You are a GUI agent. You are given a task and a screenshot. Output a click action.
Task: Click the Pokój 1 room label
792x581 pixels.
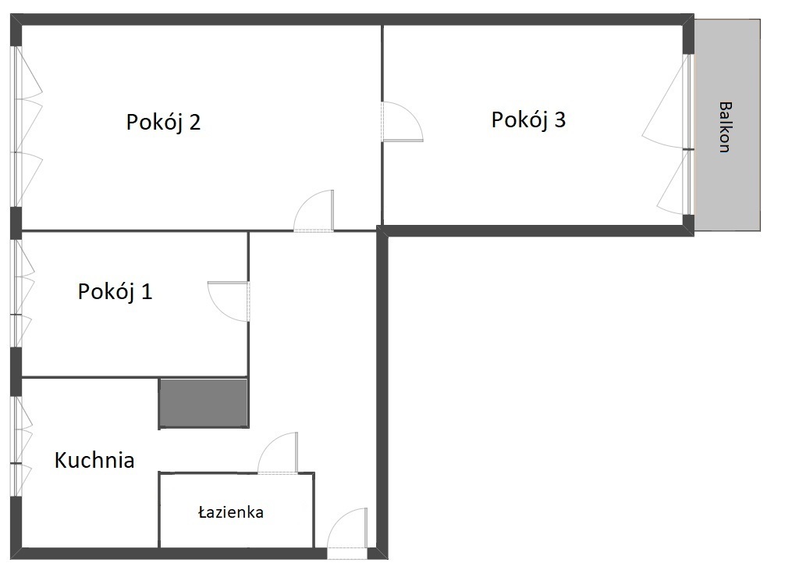pos(115,292)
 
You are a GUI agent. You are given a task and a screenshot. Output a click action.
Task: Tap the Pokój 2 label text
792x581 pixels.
pos(163,123)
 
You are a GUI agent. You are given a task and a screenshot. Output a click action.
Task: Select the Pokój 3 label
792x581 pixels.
pos(528,119)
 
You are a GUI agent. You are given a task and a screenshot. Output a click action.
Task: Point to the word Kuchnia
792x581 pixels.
pos(94,460)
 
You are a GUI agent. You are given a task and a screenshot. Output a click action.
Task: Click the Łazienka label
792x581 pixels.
pos(231,512)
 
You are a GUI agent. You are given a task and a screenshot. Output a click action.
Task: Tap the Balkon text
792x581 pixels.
pos(725,127)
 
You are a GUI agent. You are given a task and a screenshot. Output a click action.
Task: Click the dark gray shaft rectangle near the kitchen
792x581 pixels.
pos(204,404)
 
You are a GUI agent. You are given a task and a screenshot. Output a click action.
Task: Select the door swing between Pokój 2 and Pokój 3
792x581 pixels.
pos(403,121)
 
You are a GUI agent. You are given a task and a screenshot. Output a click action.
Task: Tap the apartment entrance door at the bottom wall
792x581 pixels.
pos(347,529)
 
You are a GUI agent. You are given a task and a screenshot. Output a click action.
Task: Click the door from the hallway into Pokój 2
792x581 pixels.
pos(314,211)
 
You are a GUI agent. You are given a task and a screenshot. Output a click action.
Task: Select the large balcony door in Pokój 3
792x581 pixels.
pos(666,102)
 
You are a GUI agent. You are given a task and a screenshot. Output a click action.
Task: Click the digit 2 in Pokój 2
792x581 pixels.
pos(194,122)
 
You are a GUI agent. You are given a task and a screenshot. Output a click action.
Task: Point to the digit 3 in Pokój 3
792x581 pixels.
pos(559,119)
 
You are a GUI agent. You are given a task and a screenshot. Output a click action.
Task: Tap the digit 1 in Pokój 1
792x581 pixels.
pos(147,292)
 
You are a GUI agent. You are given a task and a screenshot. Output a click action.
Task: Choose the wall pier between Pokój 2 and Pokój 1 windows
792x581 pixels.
pos(16,223)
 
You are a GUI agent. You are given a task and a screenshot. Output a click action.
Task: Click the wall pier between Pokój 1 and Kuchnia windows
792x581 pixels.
pos(16,372)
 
